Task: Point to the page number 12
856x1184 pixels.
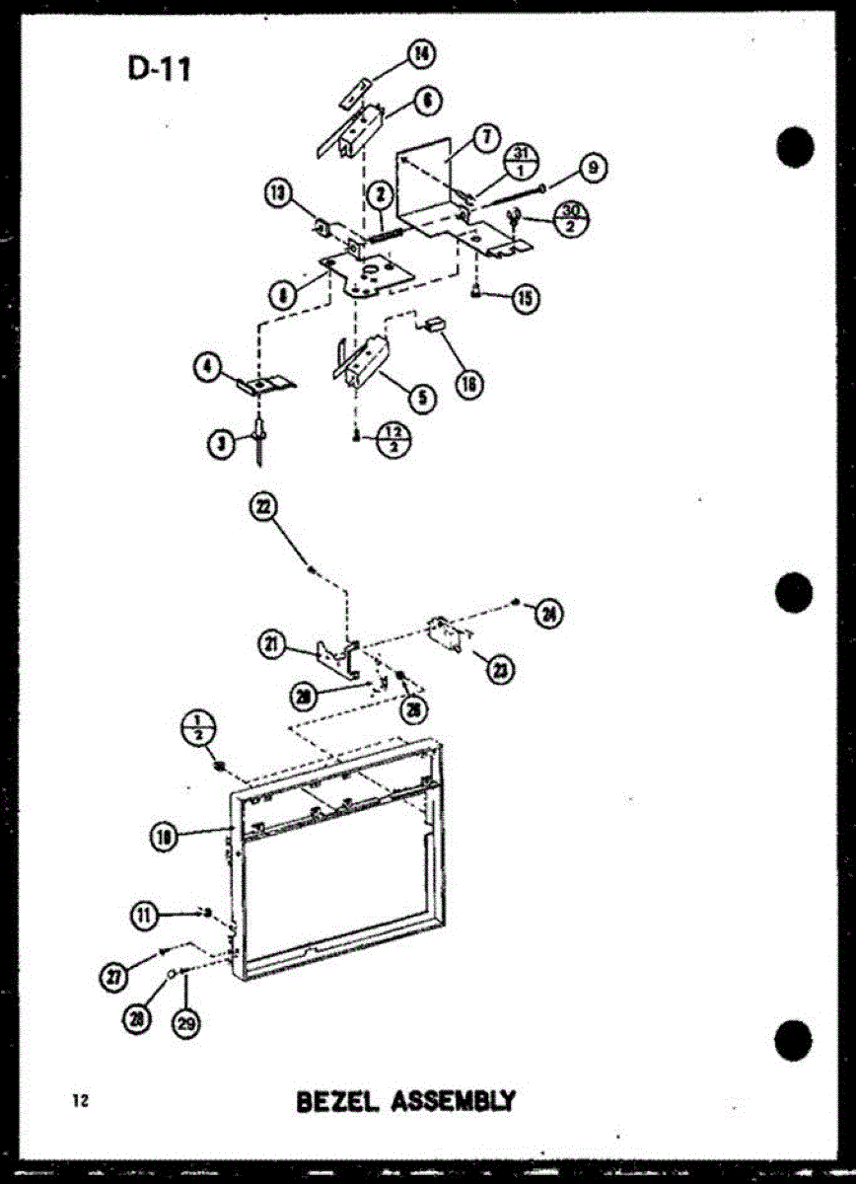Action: point(80,1101)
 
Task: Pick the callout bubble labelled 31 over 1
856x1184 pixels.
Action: point(523,159)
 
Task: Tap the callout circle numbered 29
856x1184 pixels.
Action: point(185,1023)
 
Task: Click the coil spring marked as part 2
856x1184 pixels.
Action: point(385,234)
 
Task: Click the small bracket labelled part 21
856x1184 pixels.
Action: point(334,658)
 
